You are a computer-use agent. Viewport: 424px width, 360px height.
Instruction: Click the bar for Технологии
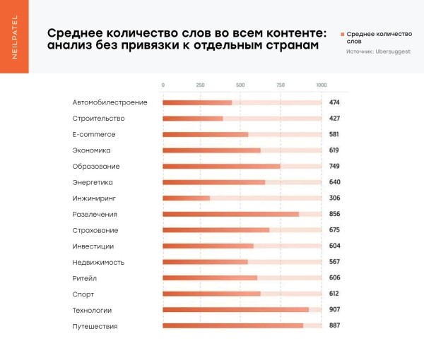pos(235,310)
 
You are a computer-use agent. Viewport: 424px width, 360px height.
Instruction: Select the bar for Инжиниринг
pos(187,198)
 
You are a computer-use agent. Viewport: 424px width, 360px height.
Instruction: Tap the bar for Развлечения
pos(230,214)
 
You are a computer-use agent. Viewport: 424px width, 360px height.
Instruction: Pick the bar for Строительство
pos(193,119)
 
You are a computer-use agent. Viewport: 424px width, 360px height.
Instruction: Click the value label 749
pos(335,167)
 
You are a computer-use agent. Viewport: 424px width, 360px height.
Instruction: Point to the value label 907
pos(335,310)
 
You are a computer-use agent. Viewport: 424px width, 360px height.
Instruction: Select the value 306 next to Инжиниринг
pos(335,198)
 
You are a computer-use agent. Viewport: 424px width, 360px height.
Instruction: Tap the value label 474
pos(335,102)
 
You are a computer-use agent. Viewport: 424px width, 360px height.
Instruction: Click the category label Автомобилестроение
pos(110,102)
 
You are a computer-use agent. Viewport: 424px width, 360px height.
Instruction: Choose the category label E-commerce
pos(94,134)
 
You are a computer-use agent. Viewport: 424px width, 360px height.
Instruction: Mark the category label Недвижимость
pos(98,262)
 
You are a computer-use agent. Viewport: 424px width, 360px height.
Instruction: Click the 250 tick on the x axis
pos(201,85)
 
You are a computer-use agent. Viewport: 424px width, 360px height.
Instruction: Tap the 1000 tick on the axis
pos(322,85)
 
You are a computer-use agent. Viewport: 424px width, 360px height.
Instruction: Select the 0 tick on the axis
pos(163,85)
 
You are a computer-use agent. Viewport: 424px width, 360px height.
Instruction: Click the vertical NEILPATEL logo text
pos(15,37)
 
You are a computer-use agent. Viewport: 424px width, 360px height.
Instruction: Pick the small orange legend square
pos(343,34)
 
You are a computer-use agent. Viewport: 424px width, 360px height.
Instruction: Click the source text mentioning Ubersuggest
pos(374,52)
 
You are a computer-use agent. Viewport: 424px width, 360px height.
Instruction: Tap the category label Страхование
pos(95,230)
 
